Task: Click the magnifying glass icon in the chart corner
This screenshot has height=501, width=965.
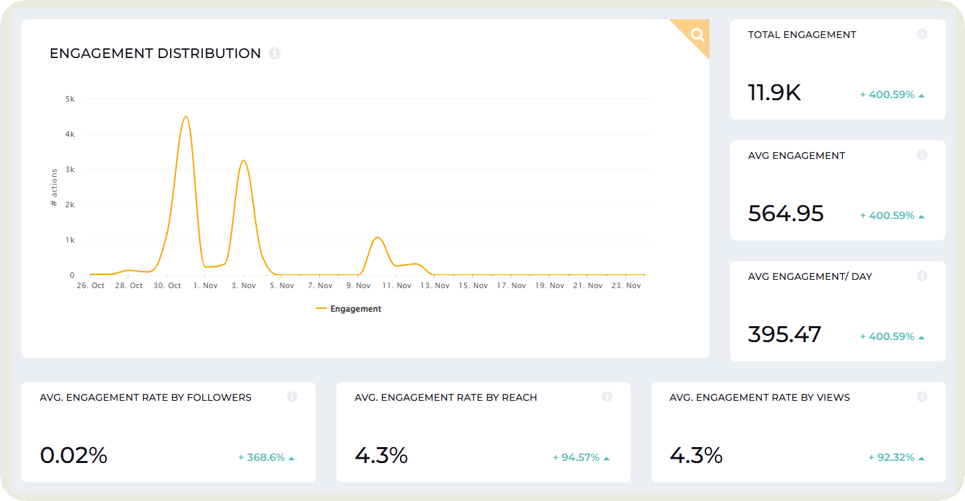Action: (x=697, y=34)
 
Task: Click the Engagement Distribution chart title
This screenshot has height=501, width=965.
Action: (x=155, y=54)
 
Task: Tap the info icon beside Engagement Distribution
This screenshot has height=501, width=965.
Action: (x=274, y=53)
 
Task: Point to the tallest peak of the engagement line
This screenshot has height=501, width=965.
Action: (x=185, y=117)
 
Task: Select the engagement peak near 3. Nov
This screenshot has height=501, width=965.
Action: (x=243, y=161)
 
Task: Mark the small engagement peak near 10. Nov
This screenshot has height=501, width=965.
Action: (x=377, y=238)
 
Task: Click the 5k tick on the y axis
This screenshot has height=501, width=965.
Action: (x=70, y=99)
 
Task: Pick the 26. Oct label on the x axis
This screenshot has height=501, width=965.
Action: (x=90, y=285)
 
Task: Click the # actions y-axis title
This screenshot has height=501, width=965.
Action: (x=54, y=188)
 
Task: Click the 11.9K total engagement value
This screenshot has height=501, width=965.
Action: (x=774, y=93)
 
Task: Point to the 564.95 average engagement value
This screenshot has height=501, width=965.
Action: (x=785, y=214)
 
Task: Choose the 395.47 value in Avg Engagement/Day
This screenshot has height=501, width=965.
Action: (x=784, y=334)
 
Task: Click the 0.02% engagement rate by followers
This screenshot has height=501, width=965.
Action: (x=74, y=455)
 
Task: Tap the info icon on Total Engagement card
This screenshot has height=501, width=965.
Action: (x=921, y=34)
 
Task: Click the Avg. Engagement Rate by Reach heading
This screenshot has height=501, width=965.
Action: (x=446, y=397)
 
